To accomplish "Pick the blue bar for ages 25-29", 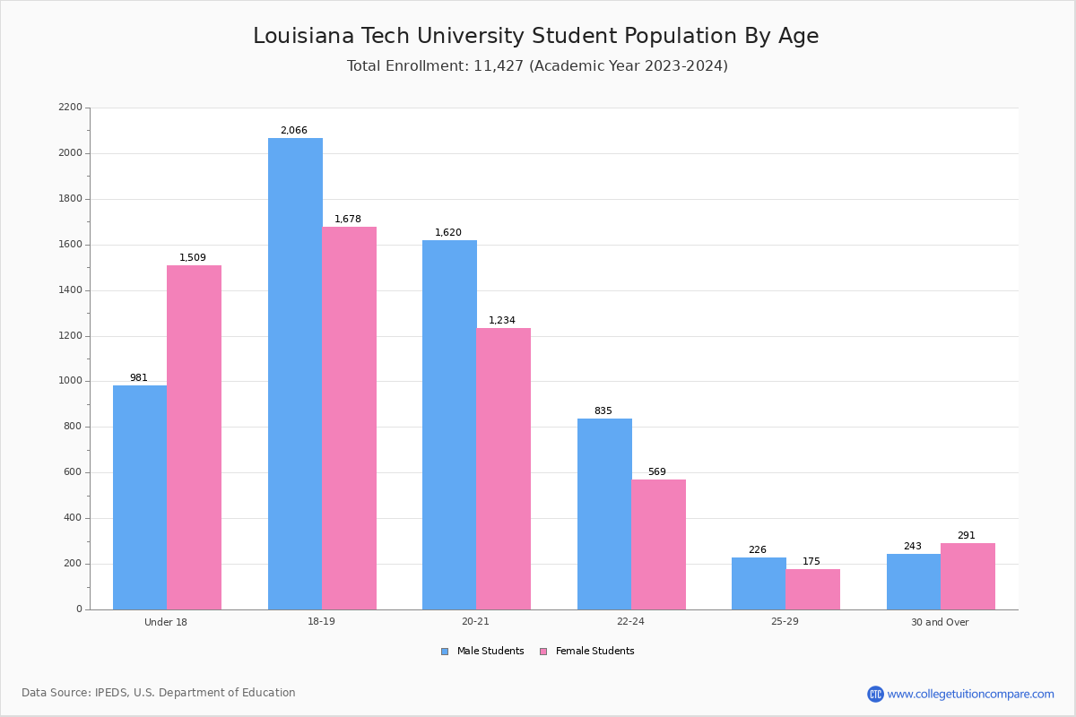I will point(759,583).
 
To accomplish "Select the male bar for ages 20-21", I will point(449,425).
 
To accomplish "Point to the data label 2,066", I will point(293,131).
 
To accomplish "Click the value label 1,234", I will point(502,321).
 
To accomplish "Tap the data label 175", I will point(811,562).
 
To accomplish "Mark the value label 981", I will point(139,378).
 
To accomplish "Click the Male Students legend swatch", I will point(445,652).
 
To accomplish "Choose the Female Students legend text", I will point(594,652).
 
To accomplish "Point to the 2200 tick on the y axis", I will point(70,108).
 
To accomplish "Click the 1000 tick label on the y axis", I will point(70,381).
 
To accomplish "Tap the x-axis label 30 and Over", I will point(940,622).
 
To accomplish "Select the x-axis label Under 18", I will point(166,622).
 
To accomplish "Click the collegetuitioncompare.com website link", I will point(970,694).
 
